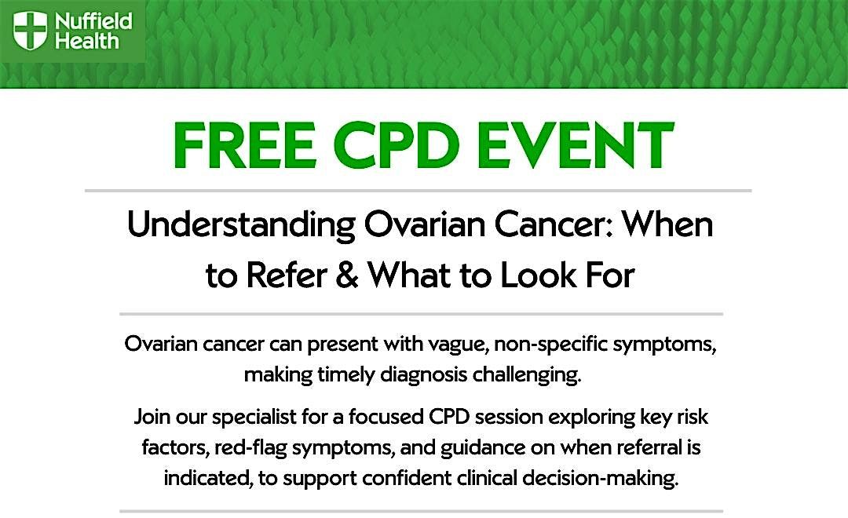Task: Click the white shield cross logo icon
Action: [x=30, y=31]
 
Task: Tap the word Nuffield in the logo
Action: [x=93, y=21]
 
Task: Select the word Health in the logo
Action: [x=86, y=41]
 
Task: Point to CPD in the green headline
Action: [x=396, y=145]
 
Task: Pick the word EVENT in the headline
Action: [x=576, y=145]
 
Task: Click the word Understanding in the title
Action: [x=241, y=225]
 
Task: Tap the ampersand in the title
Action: [x=347, y=275]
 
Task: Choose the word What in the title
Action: [x=409, y=275]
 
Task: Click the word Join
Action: [x=152, y=417]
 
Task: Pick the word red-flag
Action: [x=250, y=448]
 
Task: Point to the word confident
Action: [x=407, y=478]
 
